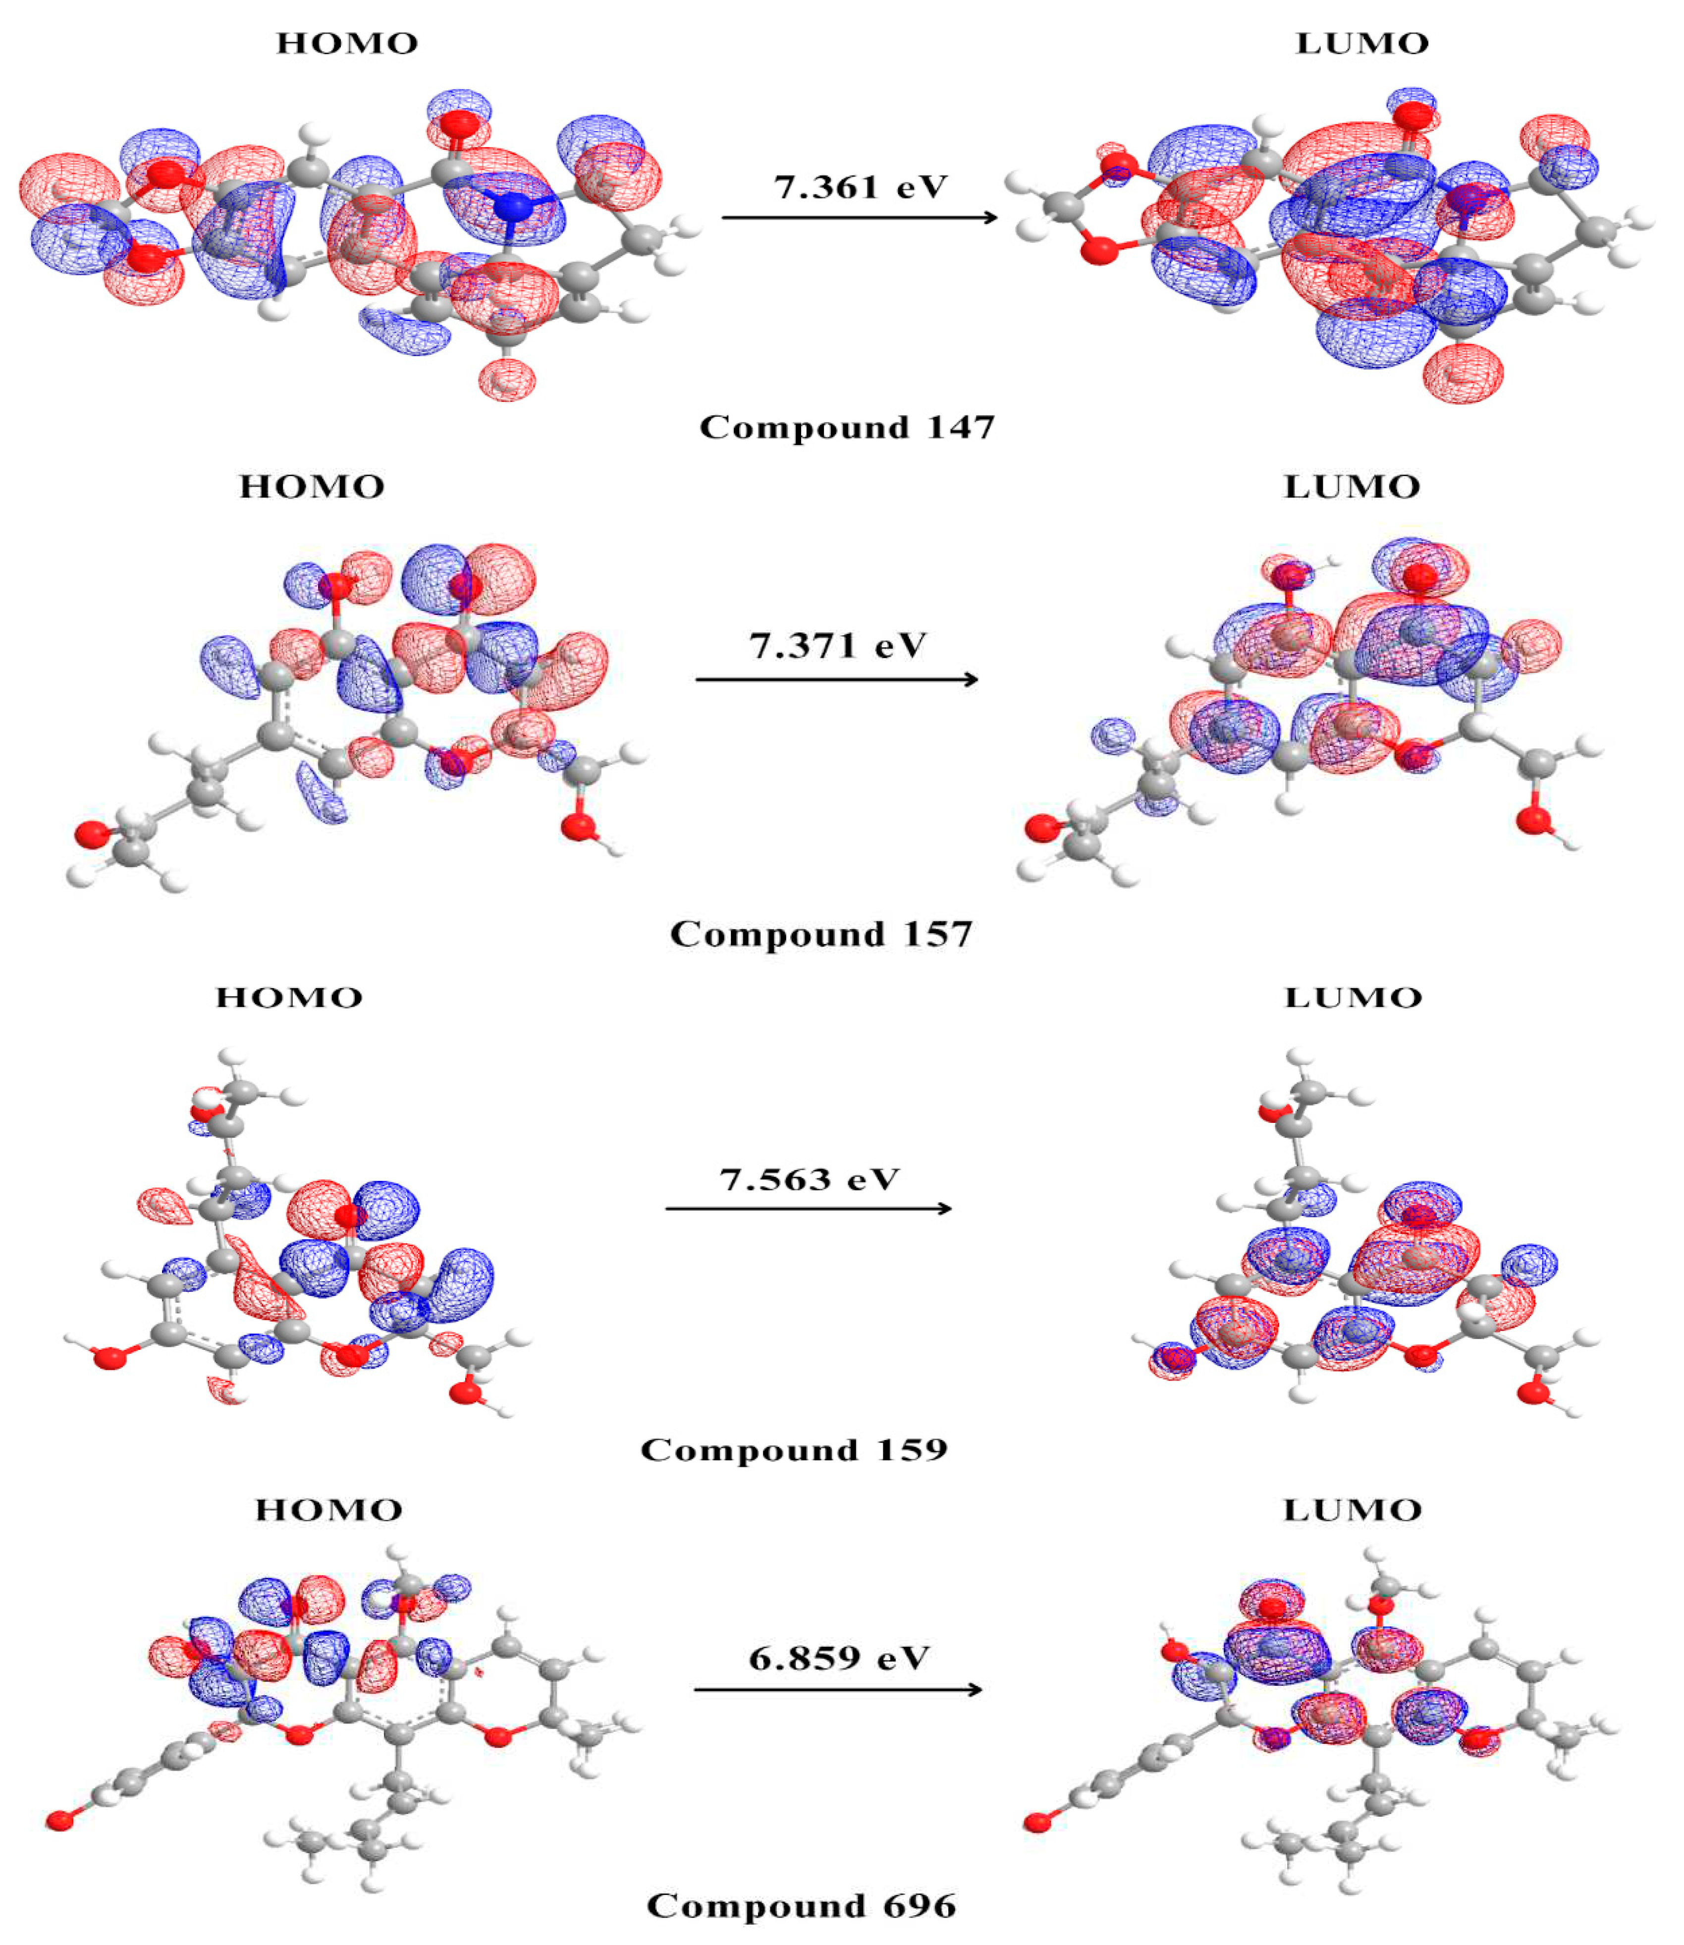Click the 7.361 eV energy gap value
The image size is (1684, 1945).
[x=860, y=187]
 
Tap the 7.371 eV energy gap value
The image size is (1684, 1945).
[x=837, y=647]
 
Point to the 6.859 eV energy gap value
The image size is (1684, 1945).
[x=838, y=1658]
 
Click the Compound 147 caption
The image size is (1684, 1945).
[x=847, y=428]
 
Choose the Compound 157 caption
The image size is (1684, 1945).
[x=820, y=935]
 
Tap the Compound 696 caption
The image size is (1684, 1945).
[x=801, y=1905]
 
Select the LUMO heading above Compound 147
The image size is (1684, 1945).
[x=1361, y=43]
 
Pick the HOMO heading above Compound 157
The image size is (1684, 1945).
[x=312, y=487]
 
